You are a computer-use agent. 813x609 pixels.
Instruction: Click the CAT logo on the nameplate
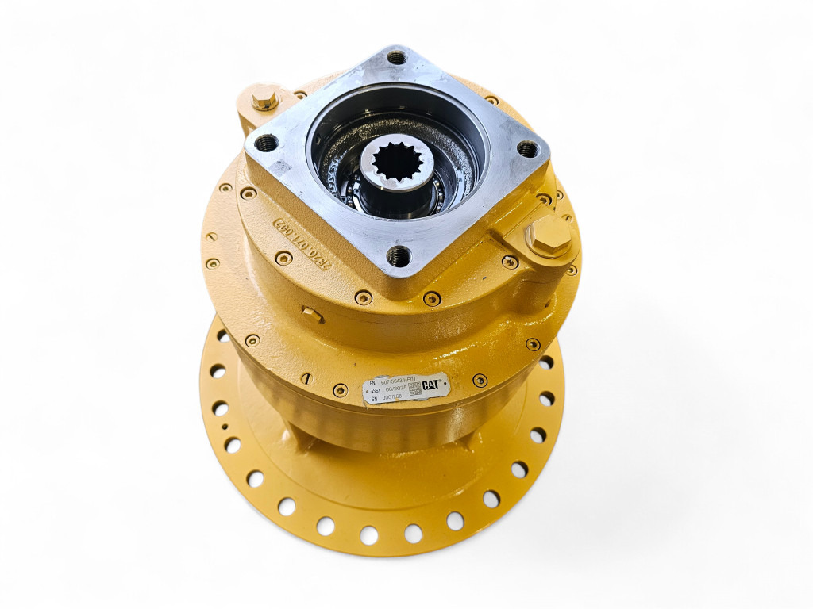[431, 385]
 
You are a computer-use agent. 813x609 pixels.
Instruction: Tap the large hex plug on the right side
[547, 236]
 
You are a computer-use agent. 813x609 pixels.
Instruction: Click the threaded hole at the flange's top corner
[396, 57]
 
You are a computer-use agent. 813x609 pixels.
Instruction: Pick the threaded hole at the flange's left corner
[266, 144]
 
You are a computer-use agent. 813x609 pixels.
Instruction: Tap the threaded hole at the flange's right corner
[527, 148]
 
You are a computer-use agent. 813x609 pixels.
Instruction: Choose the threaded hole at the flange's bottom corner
[398, 255]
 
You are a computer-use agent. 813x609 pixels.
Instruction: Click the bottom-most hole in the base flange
[368, 534]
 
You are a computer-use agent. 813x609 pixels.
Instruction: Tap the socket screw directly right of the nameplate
[480, 380]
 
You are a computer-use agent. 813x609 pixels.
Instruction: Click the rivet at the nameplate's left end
[367, 393]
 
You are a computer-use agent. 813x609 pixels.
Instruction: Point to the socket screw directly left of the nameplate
[340, 390]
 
